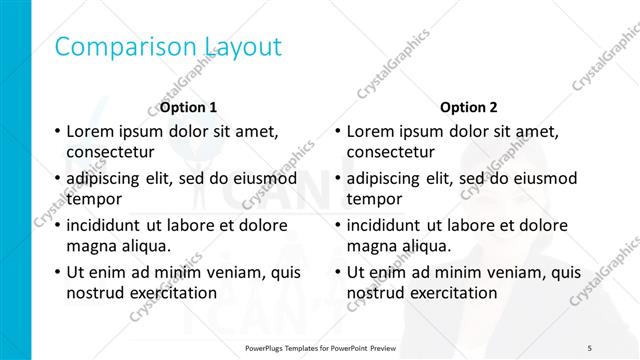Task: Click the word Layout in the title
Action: pyautogui.click(x=243, y=47)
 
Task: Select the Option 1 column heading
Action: pyautogui.click(x=188, y=107)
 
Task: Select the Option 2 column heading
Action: pyautogui.click(x=468, y=107)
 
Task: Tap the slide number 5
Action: pyautogui.click(x=589, y=347)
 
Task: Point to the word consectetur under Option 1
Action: pyautogui.click(x=110, y=153)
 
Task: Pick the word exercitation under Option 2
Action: pyautogui.click(x=449, y=293)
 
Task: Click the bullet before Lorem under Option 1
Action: pyautogui.click(x=58, y=131)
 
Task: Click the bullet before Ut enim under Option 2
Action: pyautogui.click(x=338, y=272)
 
